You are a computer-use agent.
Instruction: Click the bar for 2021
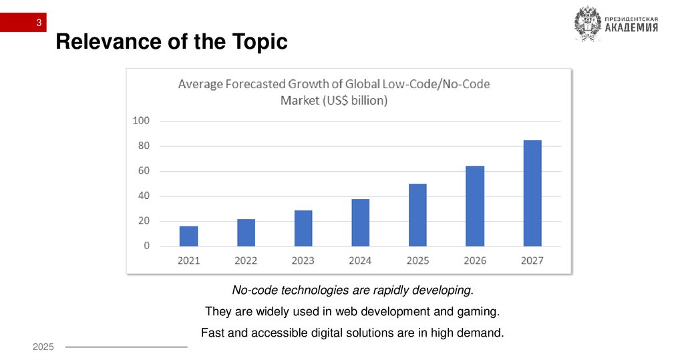[x=188, y=236]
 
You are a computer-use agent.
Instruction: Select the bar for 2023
[x=303, y=228]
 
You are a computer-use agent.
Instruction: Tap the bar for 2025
[x=417, y=215]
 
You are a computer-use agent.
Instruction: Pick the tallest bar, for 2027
[x=532, y=193]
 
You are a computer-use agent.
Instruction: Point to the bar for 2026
[x=475, y=206]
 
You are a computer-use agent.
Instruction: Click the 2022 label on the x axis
[x=246, y=260]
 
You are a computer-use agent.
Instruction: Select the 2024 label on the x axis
[x=361, y=260]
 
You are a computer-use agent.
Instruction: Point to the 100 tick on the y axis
[x=141, y=121]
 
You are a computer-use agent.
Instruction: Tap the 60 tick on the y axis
[x=144, y=171]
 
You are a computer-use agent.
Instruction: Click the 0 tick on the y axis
[x=146, y=246]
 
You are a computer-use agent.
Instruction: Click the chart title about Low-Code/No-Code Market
[x=333, y=93]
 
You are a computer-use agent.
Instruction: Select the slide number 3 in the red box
[x=39, y=24]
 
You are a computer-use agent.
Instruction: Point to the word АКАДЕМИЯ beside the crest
[x=631, y=28]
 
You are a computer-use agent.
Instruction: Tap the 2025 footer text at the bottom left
[x=43, y=347]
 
